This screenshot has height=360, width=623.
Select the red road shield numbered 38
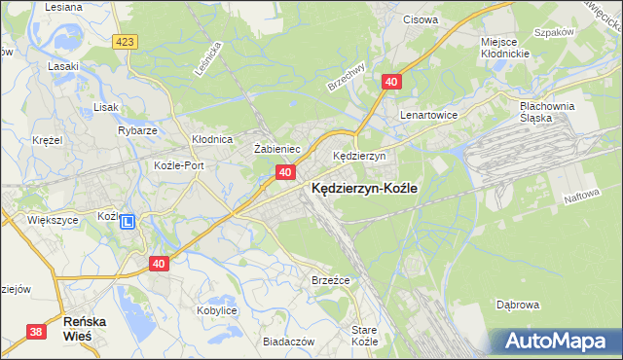coord(36,332)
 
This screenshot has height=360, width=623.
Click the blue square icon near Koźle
coord(128,223)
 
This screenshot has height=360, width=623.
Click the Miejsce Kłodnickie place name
coord(504,48)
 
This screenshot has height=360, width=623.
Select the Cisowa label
coord(420,18)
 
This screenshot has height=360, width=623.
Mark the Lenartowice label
coord(429,114)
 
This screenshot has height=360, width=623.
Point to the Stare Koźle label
coord(364,336)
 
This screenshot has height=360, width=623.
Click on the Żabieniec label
coord(275,149)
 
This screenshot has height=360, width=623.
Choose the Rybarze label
coord(138,130)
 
